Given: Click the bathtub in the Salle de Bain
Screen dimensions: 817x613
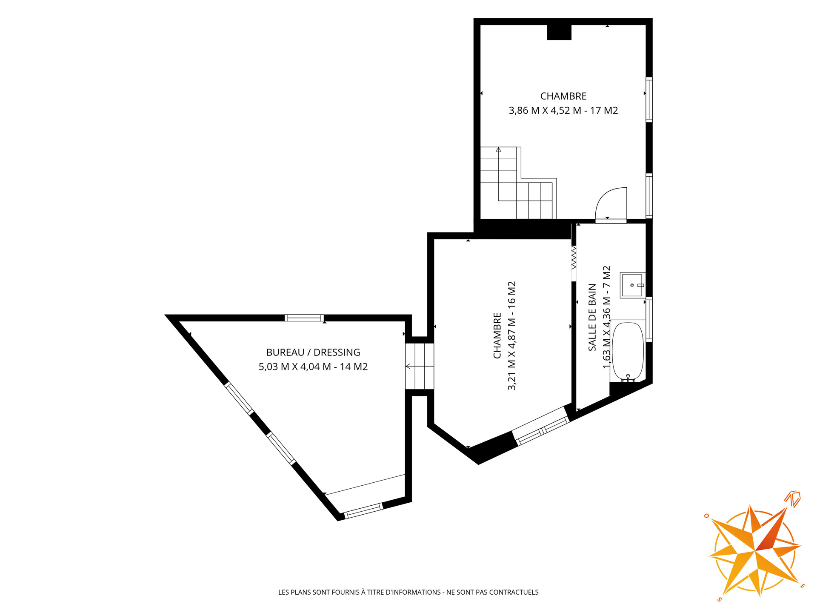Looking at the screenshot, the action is pos(628,352).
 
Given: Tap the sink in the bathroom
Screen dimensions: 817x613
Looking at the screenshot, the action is pos(632,285).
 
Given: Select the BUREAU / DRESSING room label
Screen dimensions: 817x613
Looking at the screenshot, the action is pos(313,352).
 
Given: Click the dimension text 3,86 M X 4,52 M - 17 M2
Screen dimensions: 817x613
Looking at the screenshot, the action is pos(563,111).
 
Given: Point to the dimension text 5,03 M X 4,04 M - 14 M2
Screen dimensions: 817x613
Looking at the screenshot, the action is pos(313,367).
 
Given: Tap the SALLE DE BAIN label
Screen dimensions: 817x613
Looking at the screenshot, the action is pos(592,318).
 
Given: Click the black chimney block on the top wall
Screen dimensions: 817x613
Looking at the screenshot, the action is pos(559,32).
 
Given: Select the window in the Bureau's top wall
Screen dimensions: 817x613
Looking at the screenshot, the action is pos(304,318).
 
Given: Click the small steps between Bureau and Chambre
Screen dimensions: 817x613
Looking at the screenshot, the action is pos(420,366).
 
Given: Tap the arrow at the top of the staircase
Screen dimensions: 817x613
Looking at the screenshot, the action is pos(498,149).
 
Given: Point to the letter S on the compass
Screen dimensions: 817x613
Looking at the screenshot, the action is pos(719,599).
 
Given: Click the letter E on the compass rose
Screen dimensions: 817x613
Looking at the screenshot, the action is pos(803,586).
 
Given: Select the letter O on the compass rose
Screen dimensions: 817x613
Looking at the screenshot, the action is pos(706,516).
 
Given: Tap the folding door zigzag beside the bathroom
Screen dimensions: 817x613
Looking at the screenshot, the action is pos(574,257).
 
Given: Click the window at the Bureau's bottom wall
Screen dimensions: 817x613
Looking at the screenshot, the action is pos(363,511).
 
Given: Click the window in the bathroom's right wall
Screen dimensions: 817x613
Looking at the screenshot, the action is pos(649,319).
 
